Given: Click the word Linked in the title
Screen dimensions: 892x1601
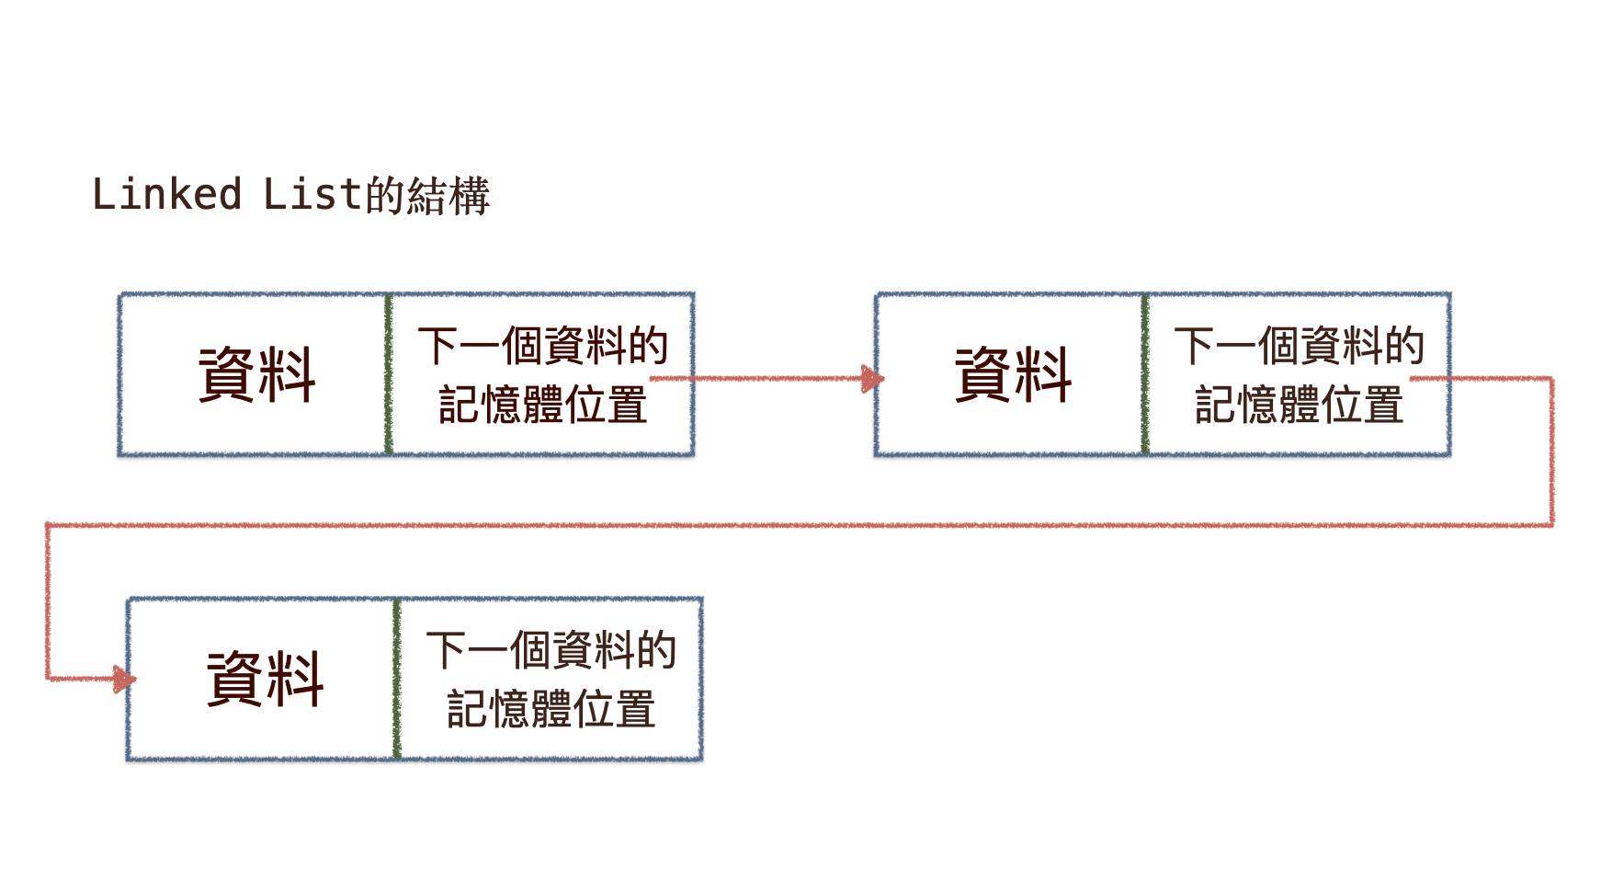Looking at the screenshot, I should point(166,195).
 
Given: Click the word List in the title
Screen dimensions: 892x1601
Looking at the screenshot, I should point(312,195).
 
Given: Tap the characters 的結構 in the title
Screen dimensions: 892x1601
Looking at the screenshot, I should point(427,196).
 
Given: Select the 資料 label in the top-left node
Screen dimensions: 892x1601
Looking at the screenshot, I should point(256,374).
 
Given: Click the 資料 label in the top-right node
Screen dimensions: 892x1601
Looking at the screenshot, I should point(1013,374).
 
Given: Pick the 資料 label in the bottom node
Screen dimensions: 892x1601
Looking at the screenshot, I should point(265,679).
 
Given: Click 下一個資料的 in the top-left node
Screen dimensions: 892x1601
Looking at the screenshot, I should point(542,346).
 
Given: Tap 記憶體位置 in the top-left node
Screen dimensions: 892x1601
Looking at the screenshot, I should point(542,405).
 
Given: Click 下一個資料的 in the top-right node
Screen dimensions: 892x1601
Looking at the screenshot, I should point(1299,346).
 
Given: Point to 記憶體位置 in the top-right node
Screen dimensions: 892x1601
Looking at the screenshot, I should point(1299,405).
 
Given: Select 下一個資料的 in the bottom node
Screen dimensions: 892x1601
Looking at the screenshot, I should point(551,650).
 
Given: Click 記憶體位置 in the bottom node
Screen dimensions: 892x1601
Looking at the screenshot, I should point(551,709).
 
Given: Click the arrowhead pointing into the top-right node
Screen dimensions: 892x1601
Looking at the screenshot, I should point(871,378).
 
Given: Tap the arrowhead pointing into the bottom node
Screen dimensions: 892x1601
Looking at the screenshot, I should point(124,680).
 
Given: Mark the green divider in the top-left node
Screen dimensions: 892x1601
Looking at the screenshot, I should point(389,374).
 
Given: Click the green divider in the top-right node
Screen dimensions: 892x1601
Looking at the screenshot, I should point(1145,374).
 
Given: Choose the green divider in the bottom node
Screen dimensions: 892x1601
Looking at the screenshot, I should point(397,679).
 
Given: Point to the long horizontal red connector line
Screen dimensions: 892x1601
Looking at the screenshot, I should point(800,525).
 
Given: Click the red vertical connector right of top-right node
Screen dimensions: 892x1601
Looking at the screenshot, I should point(1551,451).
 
